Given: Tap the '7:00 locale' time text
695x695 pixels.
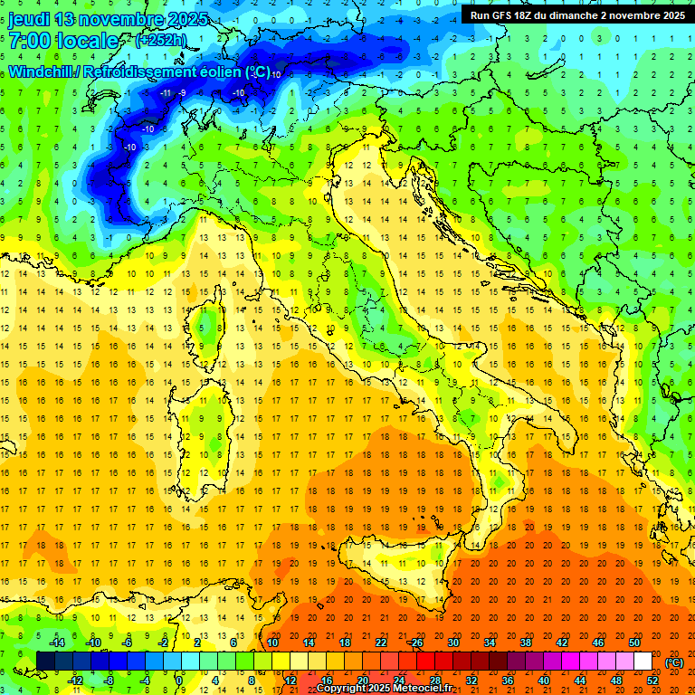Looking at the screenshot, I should (x=63, y=41).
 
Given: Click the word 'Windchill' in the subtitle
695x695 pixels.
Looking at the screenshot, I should (x=42, y=71).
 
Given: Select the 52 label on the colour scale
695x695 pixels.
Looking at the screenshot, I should (x=652, y=680).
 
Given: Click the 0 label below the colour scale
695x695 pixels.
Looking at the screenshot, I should (x=180, y=680).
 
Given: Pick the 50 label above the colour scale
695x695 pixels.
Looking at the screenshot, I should (x=634, y=642).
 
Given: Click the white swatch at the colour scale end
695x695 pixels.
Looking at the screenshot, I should (x=643, y=661).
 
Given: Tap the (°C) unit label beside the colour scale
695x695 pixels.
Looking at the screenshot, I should (x=674, y=662).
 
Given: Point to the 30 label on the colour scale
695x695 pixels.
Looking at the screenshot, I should (x=453, y=642).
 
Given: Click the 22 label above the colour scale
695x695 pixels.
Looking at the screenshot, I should (x=381, y=642).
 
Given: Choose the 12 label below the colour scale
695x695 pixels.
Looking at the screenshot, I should (x=290, y=680).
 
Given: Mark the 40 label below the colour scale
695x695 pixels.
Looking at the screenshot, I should (x=544, y=680).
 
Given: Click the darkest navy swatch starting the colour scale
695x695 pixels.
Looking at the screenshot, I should (x=45, y=661).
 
